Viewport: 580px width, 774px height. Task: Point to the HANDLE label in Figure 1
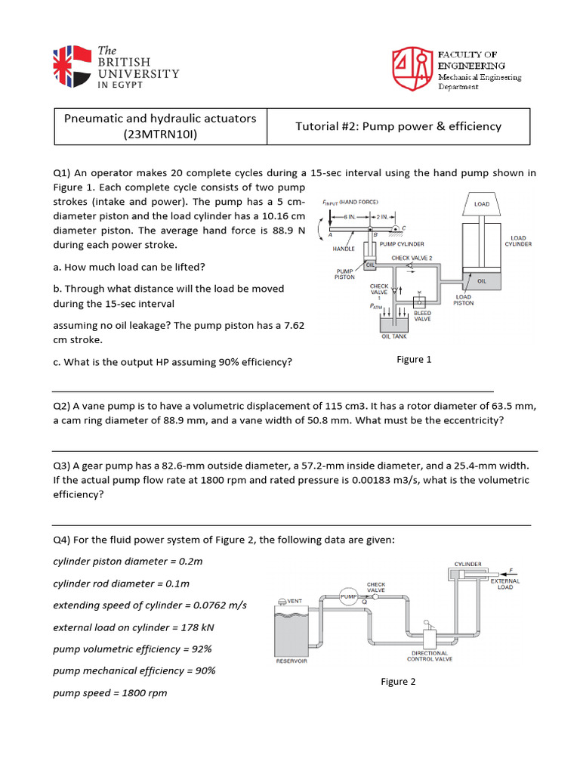click(344, 248)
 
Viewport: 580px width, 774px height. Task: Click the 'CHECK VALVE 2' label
click(412, 258)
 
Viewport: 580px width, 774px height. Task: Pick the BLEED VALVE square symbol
click(419, 301)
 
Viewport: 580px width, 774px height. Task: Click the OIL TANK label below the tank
click(394, 337)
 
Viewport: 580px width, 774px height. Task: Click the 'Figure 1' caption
click(414, 360)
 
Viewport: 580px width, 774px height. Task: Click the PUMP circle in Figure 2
click(348, 597)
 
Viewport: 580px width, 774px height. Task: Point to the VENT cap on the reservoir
click(281, 602)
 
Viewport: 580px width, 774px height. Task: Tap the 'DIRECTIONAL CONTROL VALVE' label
click(430, 656)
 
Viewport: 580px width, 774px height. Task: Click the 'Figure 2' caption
click(398, 682)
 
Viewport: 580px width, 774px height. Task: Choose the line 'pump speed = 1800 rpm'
click(110, 692)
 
